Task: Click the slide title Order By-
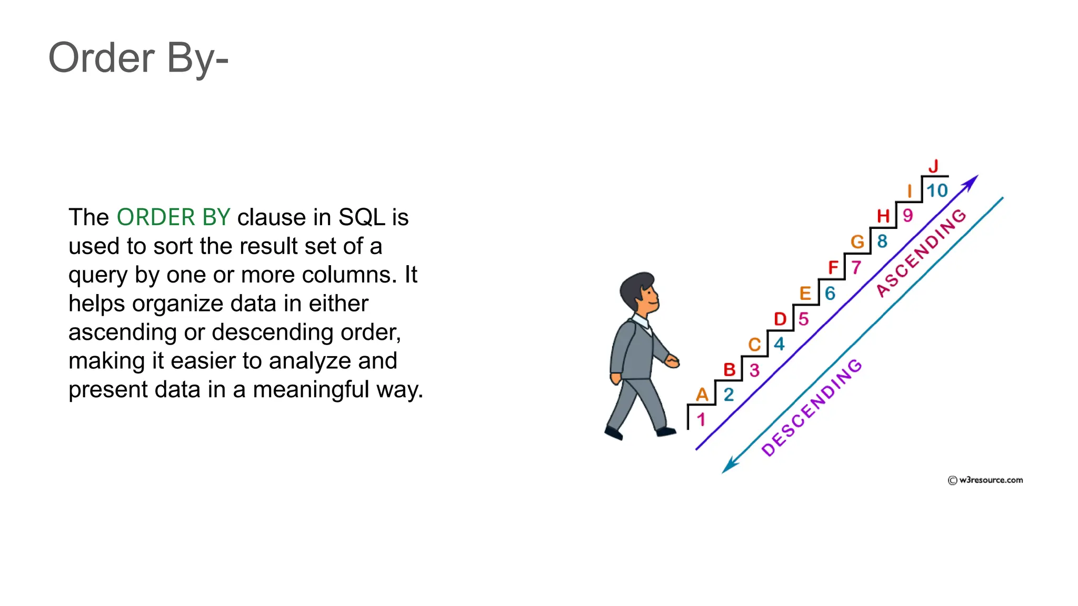coord(138,58)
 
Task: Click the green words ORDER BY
coord(173,217)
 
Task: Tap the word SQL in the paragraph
coord(362,217)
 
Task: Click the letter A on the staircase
coord(702,395)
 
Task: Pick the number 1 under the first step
coord(701,419)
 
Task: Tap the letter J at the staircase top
coord(933,166)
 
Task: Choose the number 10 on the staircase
coord(937,190)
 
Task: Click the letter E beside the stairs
coord(805,293)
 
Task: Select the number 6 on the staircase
coord(830,293)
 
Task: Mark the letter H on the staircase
coord(883,216)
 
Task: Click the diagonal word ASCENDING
coord(921,252)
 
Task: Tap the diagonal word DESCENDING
coord(812,407)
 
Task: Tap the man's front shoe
coord(665,432)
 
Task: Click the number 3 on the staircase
coord(754,370)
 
